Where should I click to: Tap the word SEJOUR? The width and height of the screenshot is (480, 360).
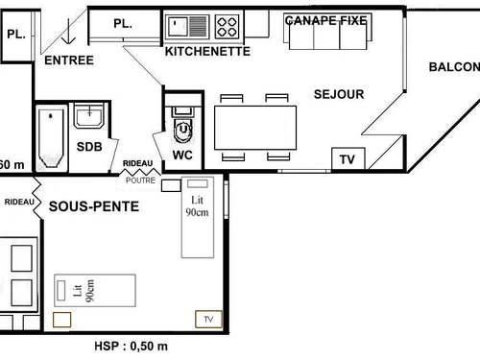(339, 94)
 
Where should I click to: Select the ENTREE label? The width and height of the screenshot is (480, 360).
(69, 60)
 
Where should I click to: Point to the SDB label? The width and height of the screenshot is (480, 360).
(88, 146)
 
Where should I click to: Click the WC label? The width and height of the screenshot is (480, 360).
(183, 154)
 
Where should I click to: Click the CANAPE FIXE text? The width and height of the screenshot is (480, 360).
(326, 19)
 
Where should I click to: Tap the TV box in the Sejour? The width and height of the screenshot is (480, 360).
(348, 159)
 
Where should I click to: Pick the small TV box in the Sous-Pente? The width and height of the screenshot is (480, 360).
(206, 318)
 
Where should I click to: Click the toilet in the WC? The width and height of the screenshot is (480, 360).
(181, 124)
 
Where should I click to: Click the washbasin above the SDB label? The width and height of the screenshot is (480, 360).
(89, 117)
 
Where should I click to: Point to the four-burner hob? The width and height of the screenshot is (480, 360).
(228, 25)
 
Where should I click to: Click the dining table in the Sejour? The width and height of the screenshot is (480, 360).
(254, 127)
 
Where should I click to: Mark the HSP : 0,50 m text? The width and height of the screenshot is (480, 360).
(132, 347)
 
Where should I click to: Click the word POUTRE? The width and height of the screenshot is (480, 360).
(140, 180)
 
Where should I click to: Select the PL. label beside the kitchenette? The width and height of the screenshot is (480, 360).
(122, 23)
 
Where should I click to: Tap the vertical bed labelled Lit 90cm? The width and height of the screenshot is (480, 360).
(198, 217)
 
